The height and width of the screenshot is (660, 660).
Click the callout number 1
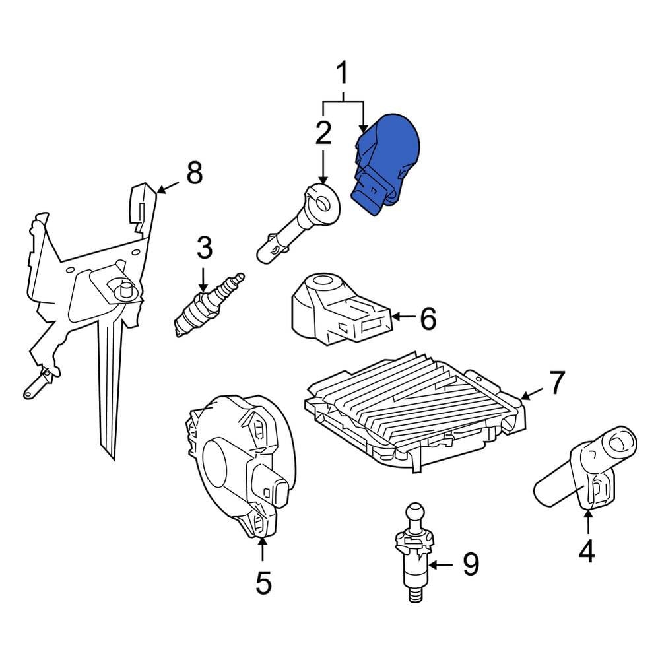coord(343,73)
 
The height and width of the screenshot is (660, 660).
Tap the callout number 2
coord(323,133)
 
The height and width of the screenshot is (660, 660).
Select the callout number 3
coord(205,248)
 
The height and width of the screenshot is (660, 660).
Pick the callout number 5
coord(263,583)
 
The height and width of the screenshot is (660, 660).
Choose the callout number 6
coord(428,319)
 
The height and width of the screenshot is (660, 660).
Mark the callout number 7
coord(557,383)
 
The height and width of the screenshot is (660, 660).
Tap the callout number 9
coord(471,564)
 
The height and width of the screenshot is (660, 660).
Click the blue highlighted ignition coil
coord(385,164)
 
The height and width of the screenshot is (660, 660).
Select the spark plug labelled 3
coord(209,306)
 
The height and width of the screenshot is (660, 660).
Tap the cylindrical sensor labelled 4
coord(585,467)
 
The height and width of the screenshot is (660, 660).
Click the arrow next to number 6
coord(405,315)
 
